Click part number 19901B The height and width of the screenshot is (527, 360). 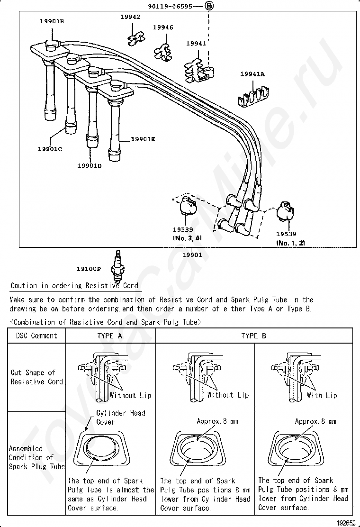tap(52, 21)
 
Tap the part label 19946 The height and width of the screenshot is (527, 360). tap(163, 27)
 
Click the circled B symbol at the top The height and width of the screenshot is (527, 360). tap(209, 6)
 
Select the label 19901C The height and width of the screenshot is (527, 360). tap(50, 149)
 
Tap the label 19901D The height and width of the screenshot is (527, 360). tap(90, 165)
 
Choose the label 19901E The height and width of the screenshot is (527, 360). tap(143, 139)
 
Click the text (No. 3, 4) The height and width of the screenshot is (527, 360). tap(187, 238)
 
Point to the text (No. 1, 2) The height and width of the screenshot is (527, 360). tap(291, 243)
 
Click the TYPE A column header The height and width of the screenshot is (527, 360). tap(109, 336)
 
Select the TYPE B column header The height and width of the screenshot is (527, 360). tap(254, 336)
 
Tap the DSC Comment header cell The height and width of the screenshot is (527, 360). tap(36, 336)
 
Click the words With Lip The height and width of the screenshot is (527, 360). tap(322, 395)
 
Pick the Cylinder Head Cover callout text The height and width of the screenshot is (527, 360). tap(121, 417)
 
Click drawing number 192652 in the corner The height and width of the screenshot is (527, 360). tap(346, 523)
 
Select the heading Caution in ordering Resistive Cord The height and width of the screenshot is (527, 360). tap(74, 285)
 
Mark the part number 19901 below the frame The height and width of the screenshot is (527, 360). tap(192, 254)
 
